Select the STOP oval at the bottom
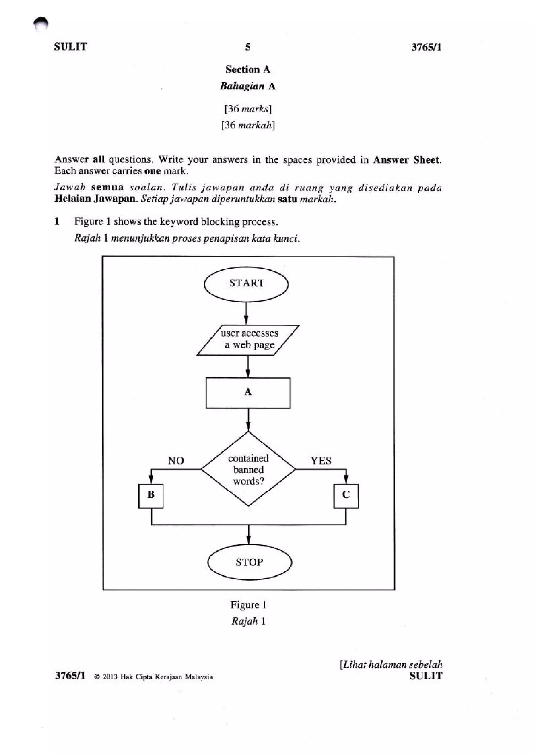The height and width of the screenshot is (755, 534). pos(249,562)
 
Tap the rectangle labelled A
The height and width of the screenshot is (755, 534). pos(248,393)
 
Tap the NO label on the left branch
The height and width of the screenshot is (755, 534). pos(176,461)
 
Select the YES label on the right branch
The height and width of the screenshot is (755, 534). pos(321,461)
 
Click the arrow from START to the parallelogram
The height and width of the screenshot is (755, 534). pos(246,313)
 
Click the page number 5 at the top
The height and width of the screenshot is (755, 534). pos(248,47)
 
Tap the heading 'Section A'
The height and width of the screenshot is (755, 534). pos(248,69)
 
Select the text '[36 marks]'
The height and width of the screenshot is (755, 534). pos(248,109)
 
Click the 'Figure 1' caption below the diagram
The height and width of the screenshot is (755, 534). pos(248,605)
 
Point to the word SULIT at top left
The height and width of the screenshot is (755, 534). pos(70,47)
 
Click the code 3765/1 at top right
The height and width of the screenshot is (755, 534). pos(426,47)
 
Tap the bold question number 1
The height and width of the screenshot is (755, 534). pos(57,221)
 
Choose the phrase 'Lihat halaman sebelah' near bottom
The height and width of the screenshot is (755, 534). pos(392,665)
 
